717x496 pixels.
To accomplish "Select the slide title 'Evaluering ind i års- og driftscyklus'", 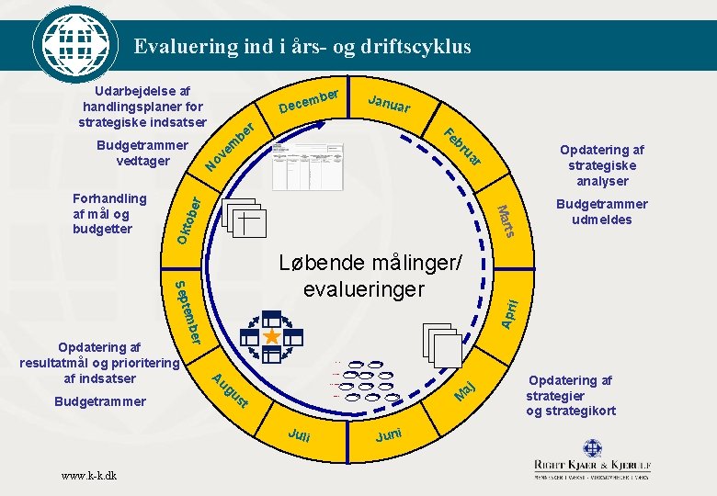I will [x=302, y=46].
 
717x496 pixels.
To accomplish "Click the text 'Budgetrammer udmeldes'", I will [x=601, y=211].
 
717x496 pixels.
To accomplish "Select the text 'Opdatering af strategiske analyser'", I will [x=601, y=165].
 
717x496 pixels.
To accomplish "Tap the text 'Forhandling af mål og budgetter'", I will [x=109, y=213].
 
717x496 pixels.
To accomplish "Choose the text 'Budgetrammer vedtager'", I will [x=142, y=153].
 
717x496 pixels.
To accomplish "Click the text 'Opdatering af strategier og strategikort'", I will [x=571, y=395].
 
